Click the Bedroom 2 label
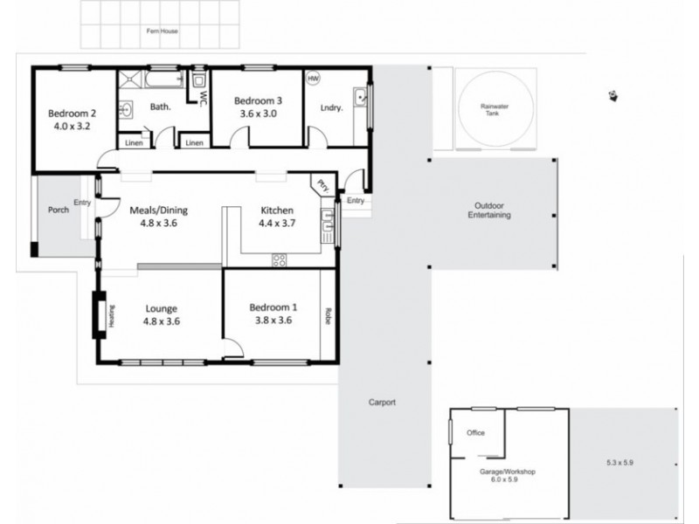(71, 113)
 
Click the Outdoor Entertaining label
(489, 210)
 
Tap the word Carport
(382, 403)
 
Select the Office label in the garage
(475, 433)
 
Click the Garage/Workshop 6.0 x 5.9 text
(507, 475)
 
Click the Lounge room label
(161, 308)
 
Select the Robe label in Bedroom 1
(329, 314)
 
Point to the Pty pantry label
(322, 185)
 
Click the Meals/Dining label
(158, 210)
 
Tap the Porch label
(59, 210)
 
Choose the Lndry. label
(331, 108)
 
